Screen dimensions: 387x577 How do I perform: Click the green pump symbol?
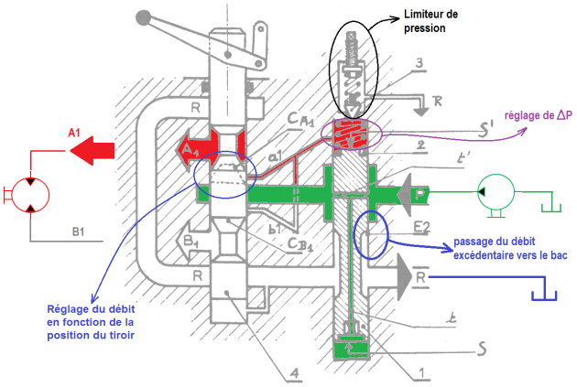pyautogui.click(x=485, y=193)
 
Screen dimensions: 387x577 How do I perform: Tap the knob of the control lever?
pyautogui.click(x=144, y=16)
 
